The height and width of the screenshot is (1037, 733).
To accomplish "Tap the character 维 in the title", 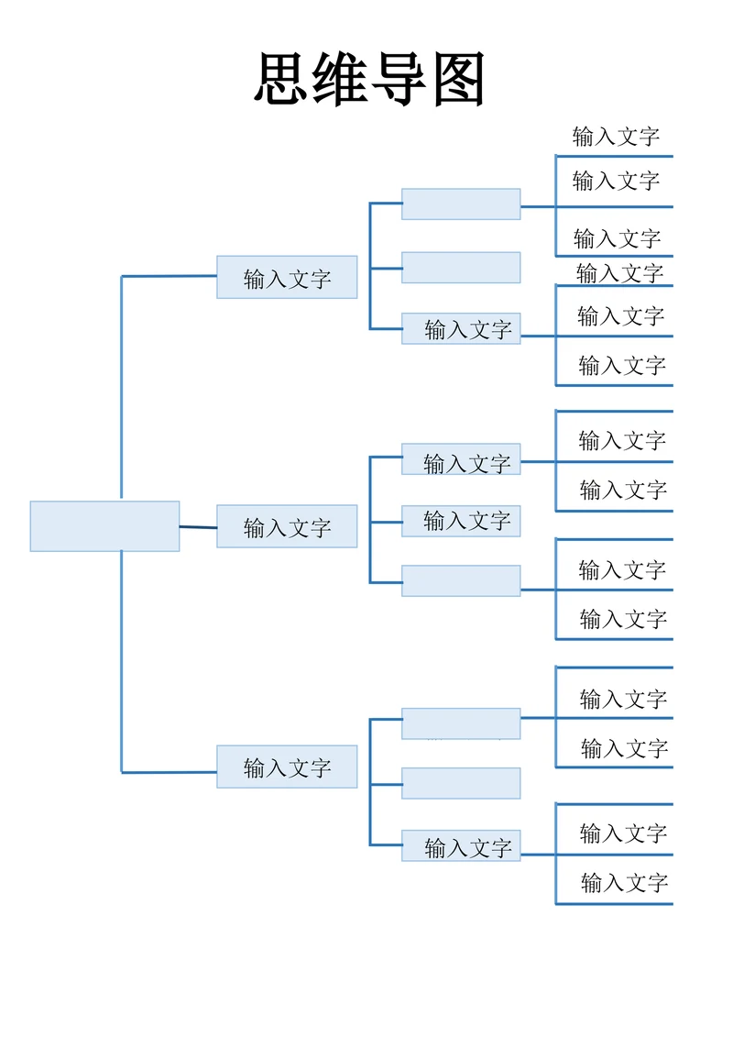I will pyautogui.click(x=340, y=80).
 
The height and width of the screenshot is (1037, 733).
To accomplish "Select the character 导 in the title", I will pyautogui.click(x=399, y=80).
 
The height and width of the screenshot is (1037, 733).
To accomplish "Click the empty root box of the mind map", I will pyautogui.click(x=104, y=526).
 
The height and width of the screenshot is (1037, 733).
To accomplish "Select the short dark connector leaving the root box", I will pyautogui.click(x=198, y=527).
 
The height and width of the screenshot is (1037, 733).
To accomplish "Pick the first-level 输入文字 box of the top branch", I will pyautogui.click(x=287, y=277).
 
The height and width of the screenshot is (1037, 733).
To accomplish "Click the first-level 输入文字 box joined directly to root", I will pyautogui.click(x=287, y=526).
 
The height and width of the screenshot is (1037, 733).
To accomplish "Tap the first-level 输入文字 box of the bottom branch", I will pyautogui.click(x=287, y=767).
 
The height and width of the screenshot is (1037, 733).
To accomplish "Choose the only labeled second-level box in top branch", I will pyautogui.click(x=461, y=328).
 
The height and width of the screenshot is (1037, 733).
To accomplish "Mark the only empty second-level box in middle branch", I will pyautogui.click(x=461, y=580).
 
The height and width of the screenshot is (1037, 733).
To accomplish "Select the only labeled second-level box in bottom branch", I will pyautogui.click(x=461, y=845).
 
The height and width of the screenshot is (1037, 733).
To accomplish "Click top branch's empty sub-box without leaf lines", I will pyautogui.click(x=461, y=268).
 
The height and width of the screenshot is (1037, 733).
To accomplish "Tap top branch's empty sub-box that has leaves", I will pyautogui.click(x=461, y=204).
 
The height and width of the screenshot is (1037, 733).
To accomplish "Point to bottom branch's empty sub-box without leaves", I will pyautogui.click(x=461, y=783).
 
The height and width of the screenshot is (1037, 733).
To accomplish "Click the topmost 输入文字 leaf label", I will pyautogui.click(x=616, y=137).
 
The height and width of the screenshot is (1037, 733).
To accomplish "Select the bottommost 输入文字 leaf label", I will pyautogui.click(x=624, y=883).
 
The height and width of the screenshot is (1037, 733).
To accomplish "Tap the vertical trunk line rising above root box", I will pyautogui.click(x=122, y=385).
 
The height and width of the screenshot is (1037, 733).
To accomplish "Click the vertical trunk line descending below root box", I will pyautogui.click(x=122, y=660).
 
